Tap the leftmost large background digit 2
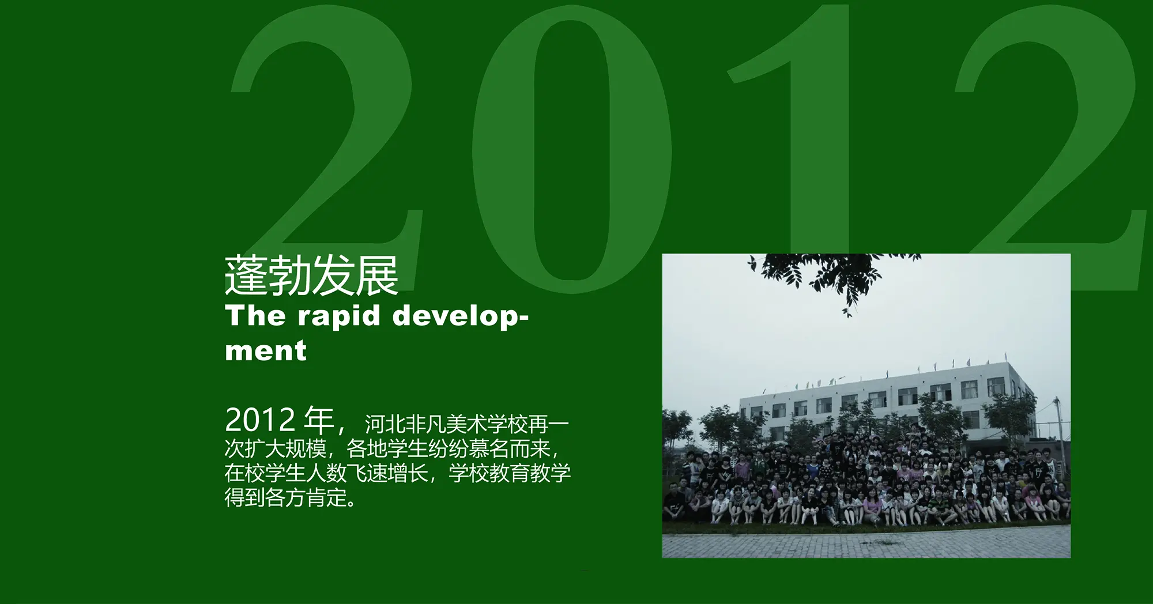pyautogui.click(x=326, y=133)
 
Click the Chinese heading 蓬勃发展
pyautogui.click(x=311, y=275)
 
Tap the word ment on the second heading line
pyautogui.click(x=266, y=350)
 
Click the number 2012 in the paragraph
pyautogui.click(x=260, y=420)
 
